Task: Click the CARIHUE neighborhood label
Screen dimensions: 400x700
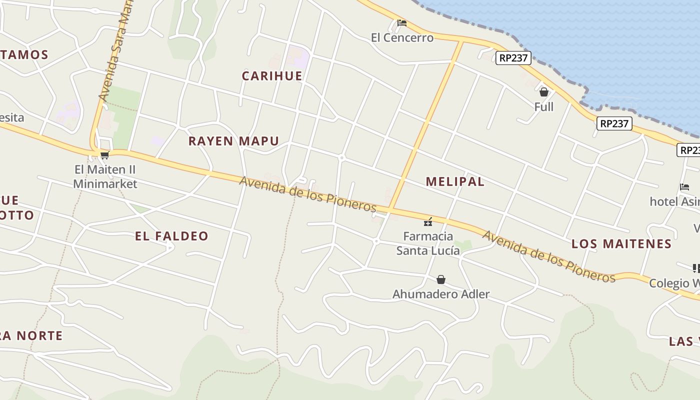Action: click(x=272, y=76)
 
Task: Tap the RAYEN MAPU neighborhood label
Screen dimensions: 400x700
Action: click(x=233, y=141)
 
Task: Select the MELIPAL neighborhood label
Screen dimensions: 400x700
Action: click(x=455, y=181)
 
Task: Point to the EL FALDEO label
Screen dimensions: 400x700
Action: click(x=171, y=236)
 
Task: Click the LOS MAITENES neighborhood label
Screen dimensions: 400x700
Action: click(x=621, y=244)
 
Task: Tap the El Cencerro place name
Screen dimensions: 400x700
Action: click(x=402, y=38)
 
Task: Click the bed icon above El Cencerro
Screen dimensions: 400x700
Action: click(x=401, y=23)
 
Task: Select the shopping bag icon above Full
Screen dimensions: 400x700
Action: click(x=544, y=92)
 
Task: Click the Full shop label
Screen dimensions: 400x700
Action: click(x=544, y=107)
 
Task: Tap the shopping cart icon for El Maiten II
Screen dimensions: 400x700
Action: click(x=104, y=155)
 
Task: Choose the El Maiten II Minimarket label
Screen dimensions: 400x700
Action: click(x=105, y=176)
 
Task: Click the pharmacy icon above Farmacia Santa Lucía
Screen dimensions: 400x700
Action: click(x=428, y=221)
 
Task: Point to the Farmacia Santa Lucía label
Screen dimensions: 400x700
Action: click(x=428, y=243)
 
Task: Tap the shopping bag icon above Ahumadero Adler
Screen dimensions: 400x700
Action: click(x=441, y=279)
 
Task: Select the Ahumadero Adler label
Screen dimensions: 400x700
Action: click(x=441, y=294)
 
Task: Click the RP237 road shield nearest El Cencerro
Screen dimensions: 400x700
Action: click(x=513, y=58)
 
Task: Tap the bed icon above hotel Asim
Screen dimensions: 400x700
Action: click(x=684, y=187)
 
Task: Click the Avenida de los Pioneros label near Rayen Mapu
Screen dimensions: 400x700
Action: click(x=307, y=194)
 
